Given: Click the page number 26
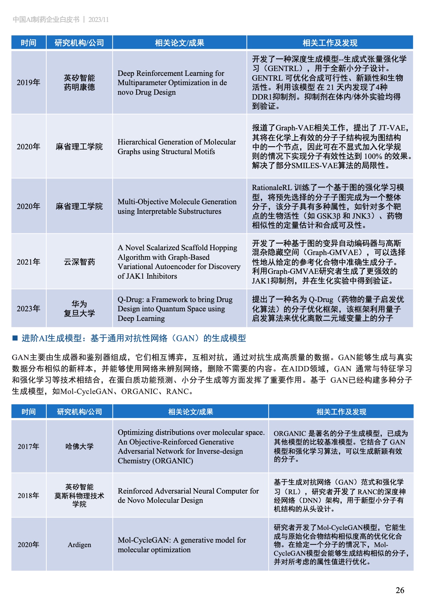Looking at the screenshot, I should click(x=400, y=590).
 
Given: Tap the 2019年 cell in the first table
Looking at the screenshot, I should click(x=28, y=82).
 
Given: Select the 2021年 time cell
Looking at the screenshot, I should click(x=28, y=262).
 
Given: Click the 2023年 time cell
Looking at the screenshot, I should click(x=28, y=309).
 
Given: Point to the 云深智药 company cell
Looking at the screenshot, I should click(x=79, y=262).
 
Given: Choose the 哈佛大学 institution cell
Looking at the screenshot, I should click(x=79, y=446).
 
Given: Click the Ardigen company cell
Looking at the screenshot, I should click(x=79, y=545).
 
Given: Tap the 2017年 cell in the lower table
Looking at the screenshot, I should click(x=28, y=446).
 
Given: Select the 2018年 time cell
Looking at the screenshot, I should click(x=28, y=496).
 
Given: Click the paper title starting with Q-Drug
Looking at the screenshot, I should click(x=175, y=309).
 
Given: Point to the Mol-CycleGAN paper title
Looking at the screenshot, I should click(x=181, y=545).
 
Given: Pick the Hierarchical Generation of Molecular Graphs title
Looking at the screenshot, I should click(x=176, y=147).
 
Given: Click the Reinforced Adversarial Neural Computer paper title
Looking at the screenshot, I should click(x=188, y=496).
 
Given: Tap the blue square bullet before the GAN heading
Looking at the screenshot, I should click(x=15, y=338).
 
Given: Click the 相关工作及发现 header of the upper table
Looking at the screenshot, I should click(x=330, y=43).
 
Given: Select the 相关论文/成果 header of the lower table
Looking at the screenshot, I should click(x=190, y=412).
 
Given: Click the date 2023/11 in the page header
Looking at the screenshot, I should click(x=98, y=20).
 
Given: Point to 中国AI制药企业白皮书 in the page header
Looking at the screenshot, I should click(x=46, y=20).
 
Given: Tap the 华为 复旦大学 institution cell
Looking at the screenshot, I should click(x=79, y=309).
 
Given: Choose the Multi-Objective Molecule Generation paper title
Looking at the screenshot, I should click(x=177, y=206).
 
